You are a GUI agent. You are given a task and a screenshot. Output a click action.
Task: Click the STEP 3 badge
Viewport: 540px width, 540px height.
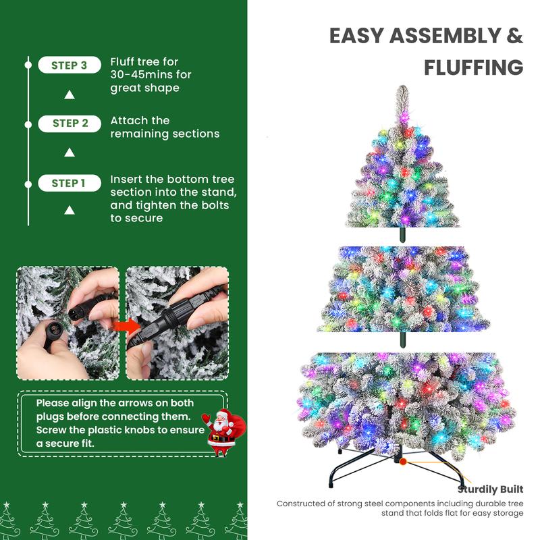click(70, 65)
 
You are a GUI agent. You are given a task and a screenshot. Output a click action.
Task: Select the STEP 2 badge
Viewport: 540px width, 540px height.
click(70, 124)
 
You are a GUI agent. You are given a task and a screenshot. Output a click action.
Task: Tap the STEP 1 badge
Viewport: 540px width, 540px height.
click(69, 183)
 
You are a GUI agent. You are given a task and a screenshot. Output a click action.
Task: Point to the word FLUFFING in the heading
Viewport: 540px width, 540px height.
click(473, 67)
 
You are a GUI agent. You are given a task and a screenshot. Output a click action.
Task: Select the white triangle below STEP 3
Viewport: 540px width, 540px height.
click(69, 94)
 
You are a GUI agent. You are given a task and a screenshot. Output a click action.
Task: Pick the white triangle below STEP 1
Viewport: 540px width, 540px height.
click(69, 211)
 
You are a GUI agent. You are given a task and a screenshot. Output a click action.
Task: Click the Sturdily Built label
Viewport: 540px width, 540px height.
click(490, 489)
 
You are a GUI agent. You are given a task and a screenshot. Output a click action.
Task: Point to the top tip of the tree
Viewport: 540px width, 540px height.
click(402, 90)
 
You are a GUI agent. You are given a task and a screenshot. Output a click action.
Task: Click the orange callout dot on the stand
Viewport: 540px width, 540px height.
click(404, 462)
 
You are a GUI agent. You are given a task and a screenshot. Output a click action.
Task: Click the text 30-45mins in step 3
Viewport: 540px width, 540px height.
click(141, 74)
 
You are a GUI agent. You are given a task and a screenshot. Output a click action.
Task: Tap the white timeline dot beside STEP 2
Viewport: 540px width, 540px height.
click(28, 124)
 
